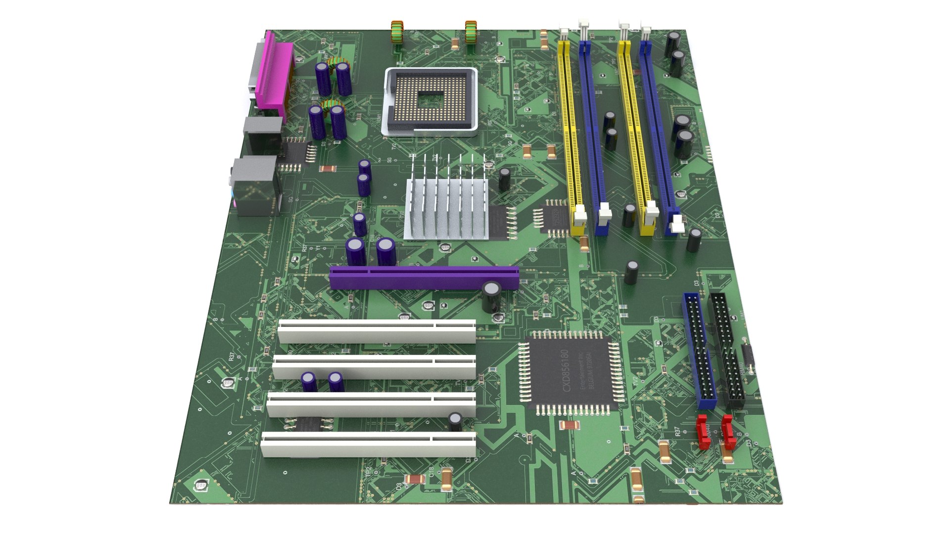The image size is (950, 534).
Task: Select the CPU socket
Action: [x=430, y=101]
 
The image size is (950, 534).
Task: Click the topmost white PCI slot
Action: [x=376, y=331]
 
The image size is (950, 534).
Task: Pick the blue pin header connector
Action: [x=699, y=351]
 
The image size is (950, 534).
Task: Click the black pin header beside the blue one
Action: [x=726, y=349]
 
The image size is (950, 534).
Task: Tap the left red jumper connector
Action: [x=703, y=430]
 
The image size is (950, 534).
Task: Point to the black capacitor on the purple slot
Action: [x=492, y=296]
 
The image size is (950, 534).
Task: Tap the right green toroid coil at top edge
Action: [x=471, y=32]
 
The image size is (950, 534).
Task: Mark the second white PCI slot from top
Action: [x=374, y=367]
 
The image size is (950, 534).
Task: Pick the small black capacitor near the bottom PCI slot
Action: [x=455, y=421]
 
